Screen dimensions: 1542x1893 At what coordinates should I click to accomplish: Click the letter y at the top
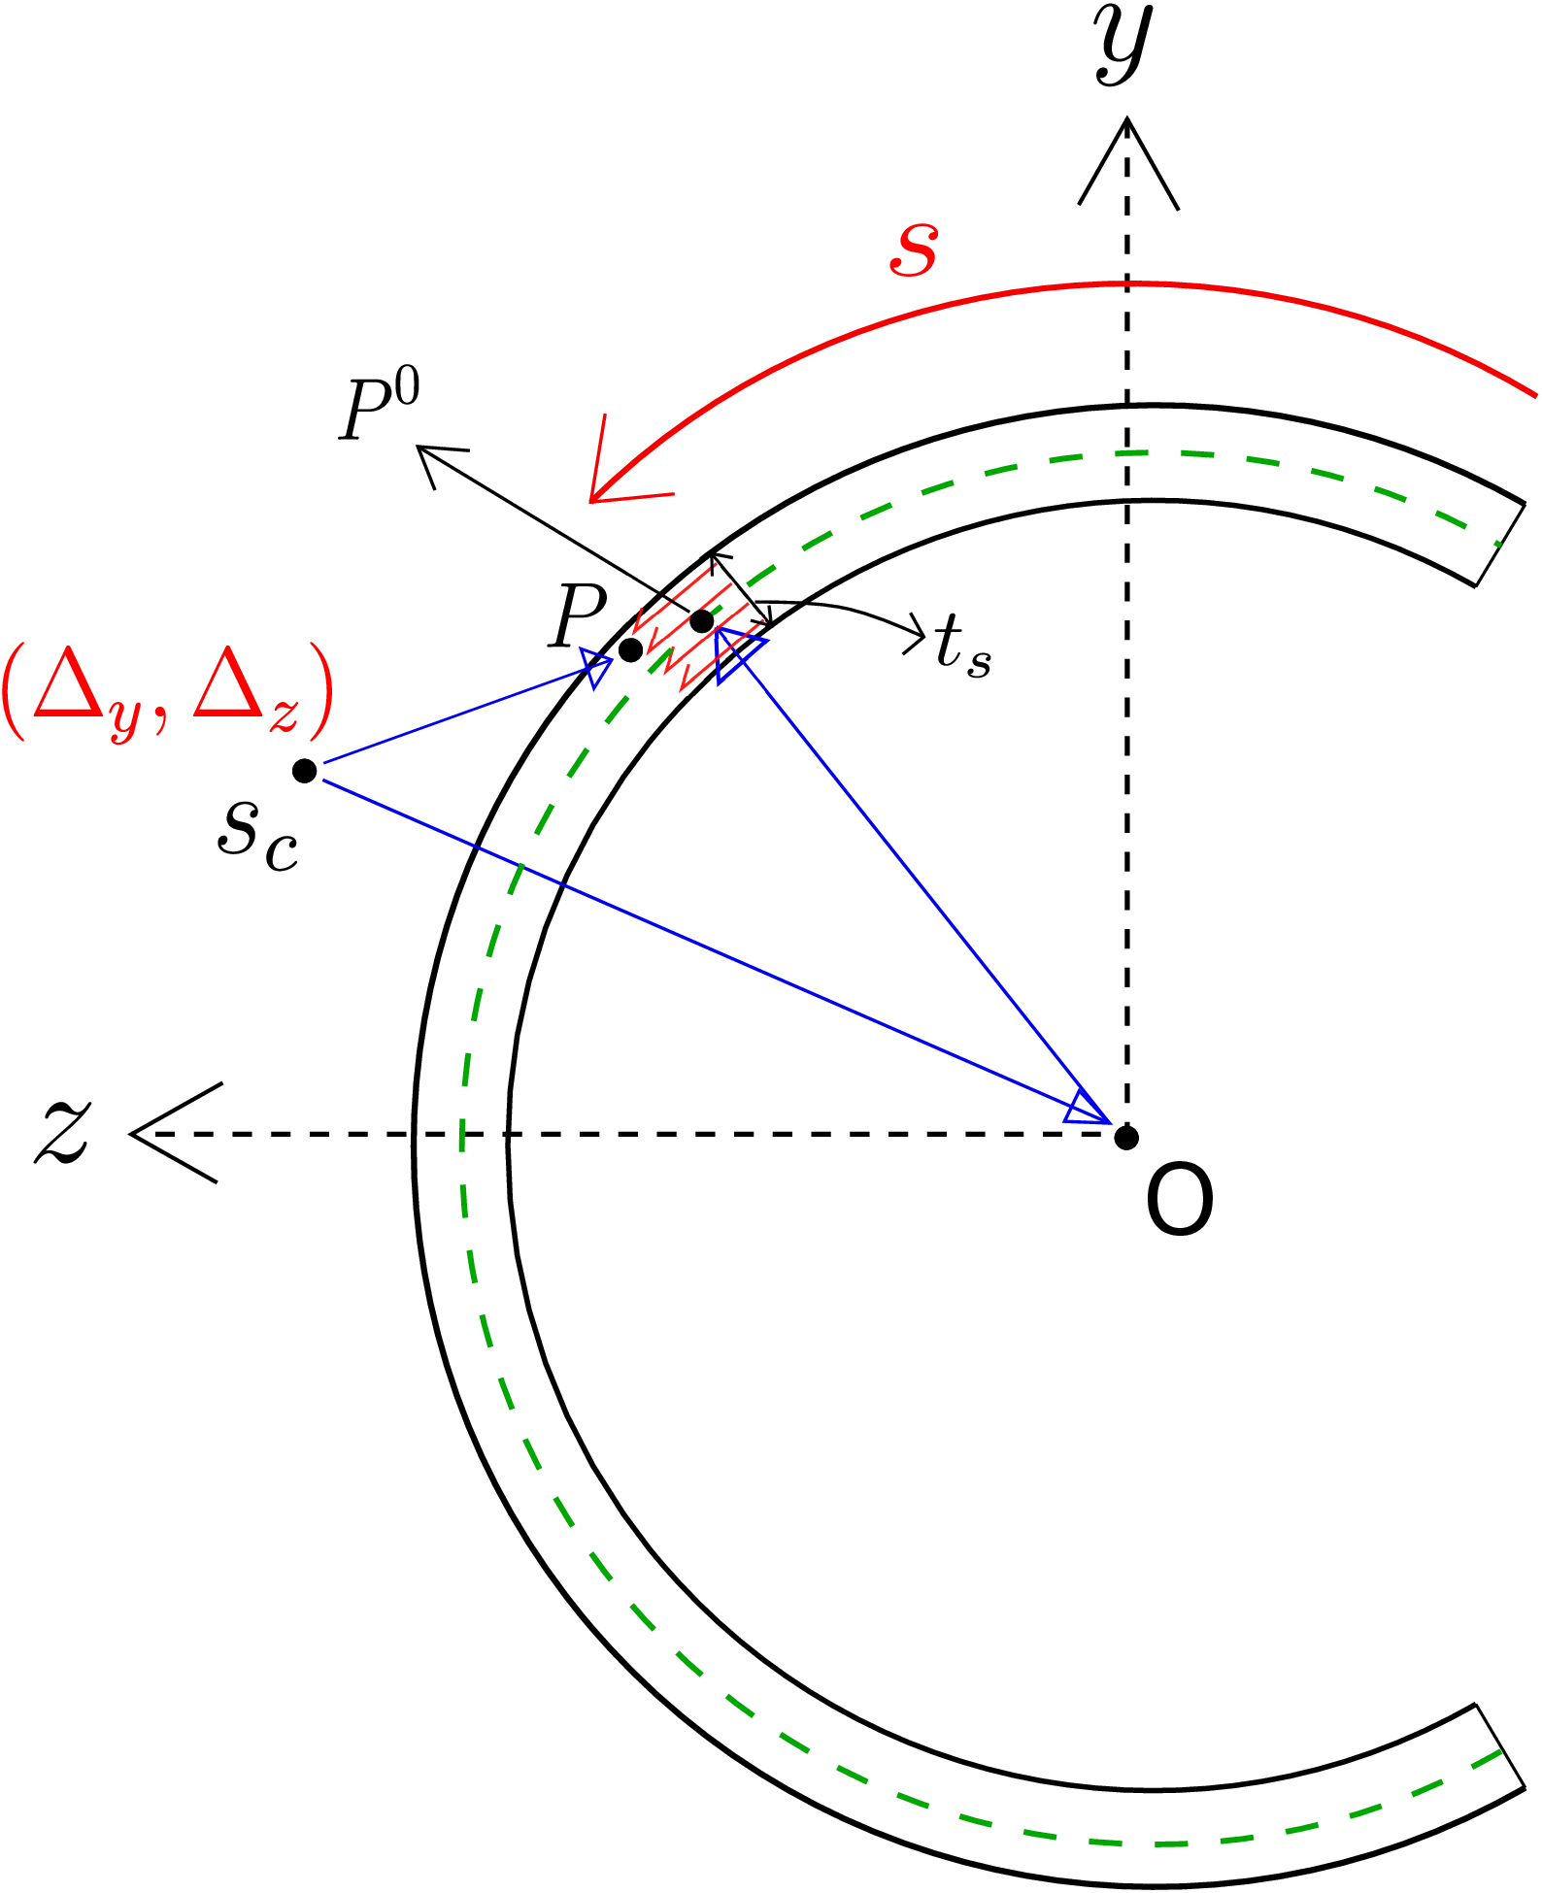point(1125,45)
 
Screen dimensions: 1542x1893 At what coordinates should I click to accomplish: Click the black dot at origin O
point(1126,1137)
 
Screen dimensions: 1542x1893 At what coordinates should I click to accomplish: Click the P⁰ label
point(379,409)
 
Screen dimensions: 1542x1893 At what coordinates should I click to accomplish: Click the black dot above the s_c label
point(305,771)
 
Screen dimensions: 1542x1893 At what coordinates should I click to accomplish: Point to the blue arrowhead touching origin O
point(1089,1107)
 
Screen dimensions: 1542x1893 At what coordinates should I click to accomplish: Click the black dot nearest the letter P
point(630,648)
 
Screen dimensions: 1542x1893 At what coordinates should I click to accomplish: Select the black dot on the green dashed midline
point(702,620)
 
